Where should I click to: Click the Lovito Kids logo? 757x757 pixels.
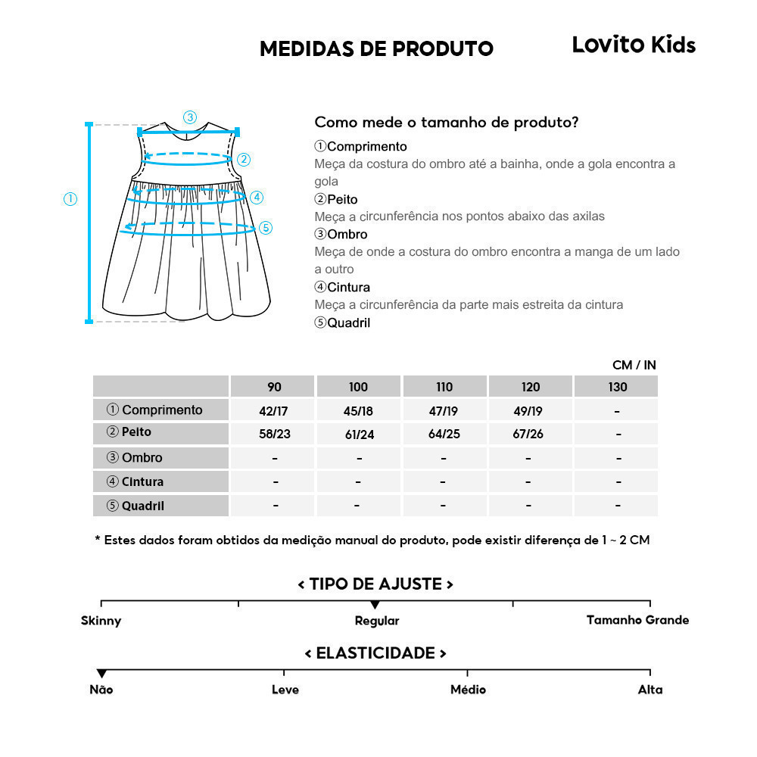(633, 45)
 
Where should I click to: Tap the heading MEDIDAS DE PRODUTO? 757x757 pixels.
(376, 49)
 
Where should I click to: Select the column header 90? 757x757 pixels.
(274, 387)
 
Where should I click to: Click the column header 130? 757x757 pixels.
(617, 387)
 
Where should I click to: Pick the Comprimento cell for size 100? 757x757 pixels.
(359, 411)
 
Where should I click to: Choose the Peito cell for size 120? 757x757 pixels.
(531, 435)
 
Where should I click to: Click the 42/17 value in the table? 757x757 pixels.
(274, 411)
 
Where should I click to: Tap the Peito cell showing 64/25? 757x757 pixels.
(444, 435)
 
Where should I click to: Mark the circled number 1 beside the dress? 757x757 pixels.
(70, 199)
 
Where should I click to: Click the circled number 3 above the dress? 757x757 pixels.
(190, 117)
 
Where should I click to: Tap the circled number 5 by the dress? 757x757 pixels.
(265, 227)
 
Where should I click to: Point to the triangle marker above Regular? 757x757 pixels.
(375, 605)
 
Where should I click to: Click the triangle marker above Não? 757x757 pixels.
(101, 674)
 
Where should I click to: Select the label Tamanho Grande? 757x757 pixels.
(637, 620)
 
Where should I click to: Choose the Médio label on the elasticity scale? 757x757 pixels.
(468, 690)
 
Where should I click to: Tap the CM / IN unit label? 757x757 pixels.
(634, 365)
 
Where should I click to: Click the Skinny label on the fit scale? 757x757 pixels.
(101, 621)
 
